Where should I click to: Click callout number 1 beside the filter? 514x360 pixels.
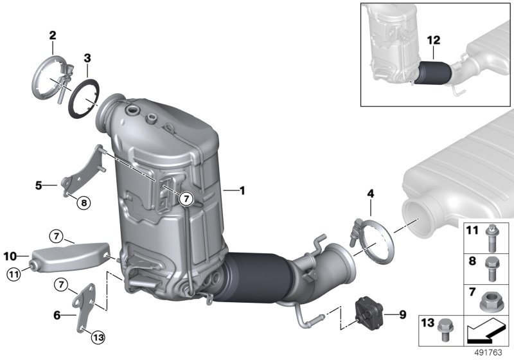point(242,190)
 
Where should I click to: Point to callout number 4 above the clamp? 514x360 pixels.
point(370,192)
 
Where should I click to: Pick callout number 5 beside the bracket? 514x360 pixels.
point(39,186)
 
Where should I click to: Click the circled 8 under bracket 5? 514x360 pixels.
point(83,204)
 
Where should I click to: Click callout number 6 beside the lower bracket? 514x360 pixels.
point(57,316)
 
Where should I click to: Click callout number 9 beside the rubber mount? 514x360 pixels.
point(403,315)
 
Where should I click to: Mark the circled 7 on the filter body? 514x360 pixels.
point(186,199)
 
